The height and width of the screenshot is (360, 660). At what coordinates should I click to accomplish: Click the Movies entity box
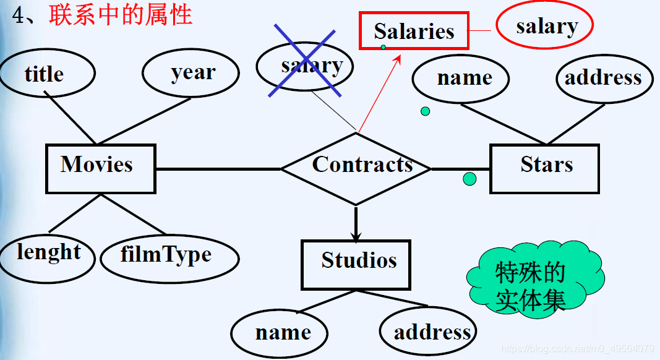pyautogui.click(x=100, y=168)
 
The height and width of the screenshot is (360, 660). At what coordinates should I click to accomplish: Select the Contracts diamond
pyautogui.click(x=356, y=168)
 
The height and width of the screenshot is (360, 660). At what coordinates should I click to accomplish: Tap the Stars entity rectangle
pyautogui.click(x=544, y=169)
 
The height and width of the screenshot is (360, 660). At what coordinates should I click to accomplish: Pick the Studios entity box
pyautogui.click(x=356, y=265)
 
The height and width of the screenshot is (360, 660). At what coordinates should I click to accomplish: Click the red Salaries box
pyautogui.click(x=414, y=31)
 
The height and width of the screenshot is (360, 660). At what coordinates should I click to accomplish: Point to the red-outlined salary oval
pyautogui.click(x=544, y=27)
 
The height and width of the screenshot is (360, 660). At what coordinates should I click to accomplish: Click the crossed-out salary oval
pyautogui.click(x=305, y=67)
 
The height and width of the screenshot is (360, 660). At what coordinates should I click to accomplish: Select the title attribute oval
pyautogui.click(x=46, y=74)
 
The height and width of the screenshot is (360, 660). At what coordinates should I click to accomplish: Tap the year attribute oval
pyautogui.click(x=191, y=73)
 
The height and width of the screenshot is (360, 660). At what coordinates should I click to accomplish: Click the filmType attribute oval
pyautogui.click(x=168, y=256)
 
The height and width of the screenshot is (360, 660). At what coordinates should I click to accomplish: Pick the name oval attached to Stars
pyautogui.click(x=461, y=79)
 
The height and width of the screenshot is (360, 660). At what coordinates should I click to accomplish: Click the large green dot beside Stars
pyautogui.click(x=469, y=179)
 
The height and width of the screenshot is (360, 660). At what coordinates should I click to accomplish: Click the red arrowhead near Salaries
pyautogui.click(x=398, y=58)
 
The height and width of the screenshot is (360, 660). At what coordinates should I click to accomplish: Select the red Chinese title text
pyautogui.click(x=121, y=15)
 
